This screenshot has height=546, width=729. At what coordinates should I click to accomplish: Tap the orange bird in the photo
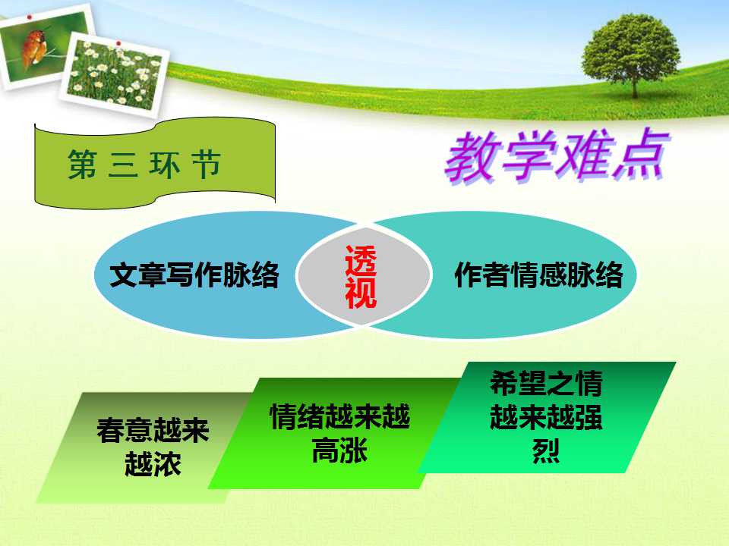point(33,46)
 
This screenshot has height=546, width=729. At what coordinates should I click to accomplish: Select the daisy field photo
point(115,74)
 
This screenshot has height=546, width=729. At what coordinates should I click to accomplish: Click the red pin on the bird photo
point(30,17)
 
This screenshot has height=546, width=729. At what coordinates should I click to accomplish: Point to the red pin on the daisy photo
point(118,44)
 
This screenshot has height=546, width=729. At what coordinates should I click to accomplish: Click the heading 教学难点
point(557,156)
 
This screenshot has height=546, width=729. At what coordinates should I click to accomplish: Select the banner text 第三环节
point(144,165)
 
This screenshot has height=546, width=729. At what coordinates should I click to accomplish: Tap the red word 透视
point(361,277)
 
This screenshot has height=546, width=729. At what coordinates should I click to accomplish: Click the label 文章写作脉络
point(194,275)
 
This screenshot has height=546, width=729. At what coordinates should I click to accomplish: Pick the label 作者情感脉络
point(538,275)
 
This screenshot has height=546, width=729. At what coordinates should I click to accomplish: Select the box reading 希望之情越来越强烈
point(547,417)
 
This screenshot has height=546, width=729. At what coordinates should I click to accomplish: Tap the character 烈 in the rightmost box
point(546,450)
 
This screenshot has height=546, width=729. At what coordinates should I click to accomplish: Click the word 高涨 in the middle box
point(340,450)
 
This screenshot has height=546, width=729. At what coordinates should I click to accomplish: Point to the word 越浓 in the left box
point(153,464)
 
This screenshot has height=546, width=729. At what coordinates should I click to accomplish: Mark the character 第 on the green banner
point(82,165)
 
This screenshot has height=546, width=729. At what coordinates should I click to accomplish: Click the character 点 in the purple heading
point(639,156)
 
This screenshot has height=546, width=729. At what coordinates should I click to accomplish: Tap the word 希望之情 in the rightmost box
point(546,384)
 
